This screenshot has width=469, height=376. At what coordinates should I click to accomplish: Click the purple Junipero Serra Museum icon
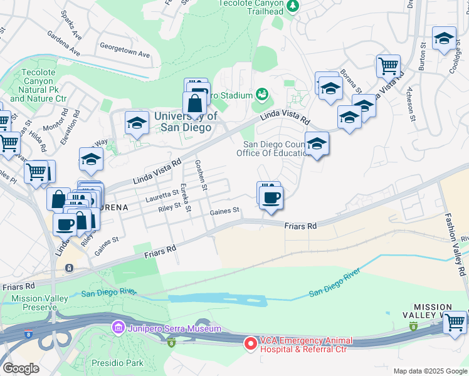point(117,328)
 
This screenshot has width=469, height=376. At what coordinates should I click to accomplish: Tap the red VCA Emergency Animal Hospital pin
point(250,343)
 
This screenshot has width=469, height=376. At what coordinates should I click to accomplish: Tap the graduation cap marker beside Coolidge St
point(444,39)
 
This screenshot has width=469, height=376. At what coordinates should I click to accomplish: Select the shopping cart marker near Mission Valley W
point(454,322)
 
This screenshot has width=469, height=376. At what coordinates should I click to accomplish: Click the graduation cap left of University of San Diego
point(136,123)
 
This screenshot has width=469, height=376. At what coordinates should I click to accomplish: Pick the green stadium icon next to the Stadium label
point(262,95)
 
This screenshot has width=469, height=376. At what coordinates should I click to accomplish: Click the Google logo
point(20,368)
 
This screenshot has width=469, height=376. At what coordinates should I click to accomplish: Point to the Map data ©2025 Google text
point(429,370)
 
